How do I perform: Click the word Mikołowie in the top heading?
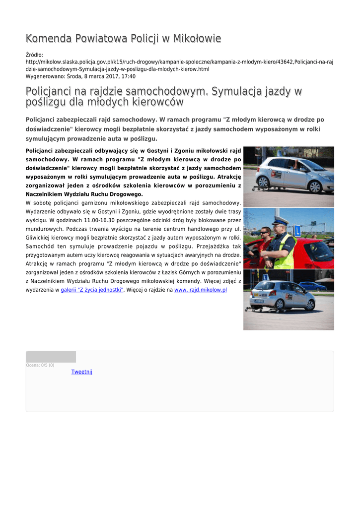pos(196,39)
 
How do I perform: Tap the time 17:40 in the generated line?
pos(128,77)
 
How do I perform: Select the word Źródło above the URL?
pos(34,55)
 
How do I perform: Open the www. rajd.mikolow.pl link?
pos(200,289)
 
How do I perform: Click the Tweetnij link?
pos(81,372)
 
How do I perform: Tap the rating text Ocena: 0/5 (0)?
pos(40,365)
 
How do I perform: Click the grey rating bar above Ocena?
pos(51,357)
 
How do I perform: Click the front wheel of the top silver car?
pos(315,186)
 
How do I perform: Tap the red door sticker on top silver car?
pos(277,175)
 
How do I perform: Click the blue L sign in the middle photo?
pos(297,230)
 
